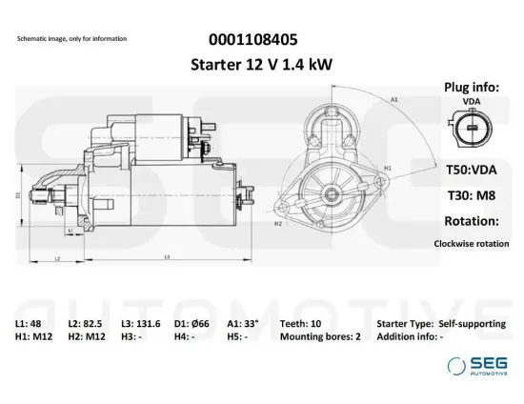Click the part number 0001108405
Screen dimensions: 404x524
pyautogui.click(x=252, y=40)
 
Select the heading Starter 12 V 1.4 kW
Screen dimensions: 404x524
pyautogui.click(x=252, y=64)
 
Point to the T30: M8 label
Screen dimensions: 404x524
pyautogui.click(x=472, y=193)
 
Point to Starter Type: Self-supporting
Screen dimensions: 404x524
pyautogui.click(x=441, y=324)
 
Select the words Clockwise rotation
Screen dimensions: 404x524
pyautogui.click(x=472, y=243)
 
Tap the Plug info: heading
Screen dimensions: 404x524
pyautogui.click(x=472, y=87)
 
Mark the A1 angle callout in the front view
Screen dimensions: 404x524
pyautogui.click(x=393, y=98)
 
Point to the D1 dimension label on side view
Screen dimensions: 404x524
pyautogui.click(x=17, y=193)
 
